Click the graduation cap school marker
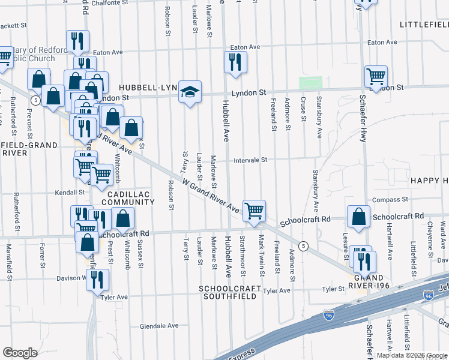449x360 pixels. pyautogui.click(x=190, y=92)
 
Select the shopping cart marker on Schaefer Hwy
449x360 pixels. pyautogui.click(x=376, y=77)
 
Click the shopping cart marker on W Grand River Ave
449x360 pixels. pyautogui.click(x=255, y=211)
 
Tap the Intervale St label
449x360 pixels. pyautogui.click(x=250, y=160)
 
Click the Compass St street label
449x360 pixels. pyautogui.click(x=390, y=199)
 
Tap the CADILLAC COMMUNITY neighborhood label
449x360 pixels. pyautogui.click(x=128, y=199)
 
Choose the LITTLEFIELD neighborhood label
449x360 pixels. pyautogui.click(x=424, y=25)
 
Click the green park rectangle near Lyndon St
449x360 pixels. pyautogui.click(x=311, y=83)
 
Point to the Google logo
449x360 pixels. pyautogui.click(x=20, y=352)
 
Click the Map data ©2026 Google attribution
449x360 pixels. pyautogui.click(x=412, y=355)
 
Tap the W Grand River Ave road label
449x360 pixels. pyautogui.click(x=211, y=195)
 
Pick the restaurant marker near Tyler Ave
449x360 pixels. pyautogui.click(x=97, y=279)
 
